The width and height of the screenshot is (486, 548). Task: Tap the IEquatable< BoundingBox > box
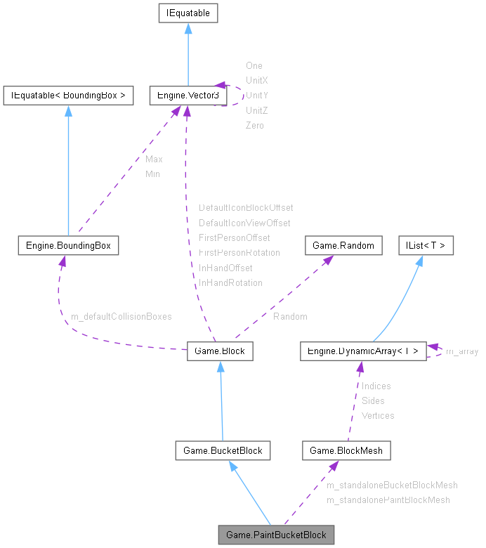point(68,96)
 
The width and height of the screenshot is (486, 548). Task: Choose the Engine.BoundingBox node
point(68,246)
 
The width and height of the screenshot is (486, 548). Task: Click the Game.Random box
point(343,246)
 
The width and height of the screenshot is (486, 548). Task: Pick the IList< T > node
point(426,246)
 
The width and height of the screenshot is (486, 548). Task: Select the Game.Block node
point(220,351)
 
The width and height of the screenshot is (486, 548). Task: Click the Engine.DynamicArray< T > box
point(362,351)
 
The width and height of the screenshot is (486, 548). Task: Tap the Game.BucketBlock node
point(223,450)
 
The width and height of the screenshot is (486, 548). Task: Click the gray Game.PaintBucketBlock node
point(276,535)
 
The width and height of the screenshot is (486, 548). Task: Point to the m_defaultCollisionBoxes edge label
point(121,316)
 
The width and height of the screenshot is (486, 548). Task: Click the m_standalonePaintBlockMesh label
point(388,500)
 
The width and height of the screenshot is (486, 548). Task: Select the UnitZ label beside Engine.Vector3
point(257,110)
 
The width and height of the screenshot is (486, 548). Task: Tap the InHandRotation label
point(230,282)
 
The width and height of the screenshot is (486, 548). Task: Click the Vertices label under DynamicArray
point(378,415)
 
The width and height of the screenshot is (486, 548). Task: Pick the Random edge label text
point(290,316)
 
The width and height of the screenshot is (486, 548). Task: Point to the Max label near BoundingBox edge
point(154,159)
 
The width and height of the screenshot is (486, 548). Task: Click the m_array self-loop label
point(462,351)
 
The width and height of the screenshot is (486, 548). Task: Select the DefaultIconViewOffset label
point(244,223)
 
